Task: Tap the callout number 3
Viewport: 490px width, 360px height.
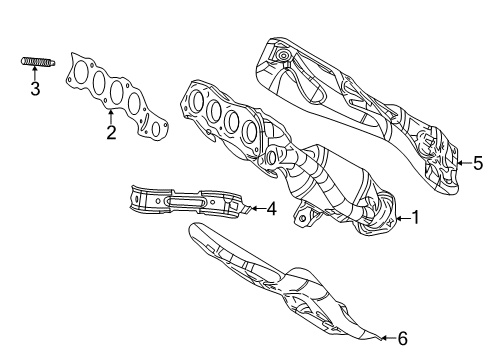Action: coord(34,90)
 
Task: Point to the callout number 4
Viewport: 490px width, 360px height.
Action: coord(270,208)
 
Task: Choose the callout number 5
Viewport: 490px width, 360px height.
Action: coord(478,161)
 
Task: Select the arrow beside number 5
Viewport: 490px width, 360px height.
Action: coord(462,161)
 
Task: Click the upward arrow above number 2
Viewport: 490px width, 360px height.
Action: coord(111,114)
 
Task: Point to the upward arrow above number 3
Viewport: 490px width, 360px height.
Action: coord(34,75)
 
